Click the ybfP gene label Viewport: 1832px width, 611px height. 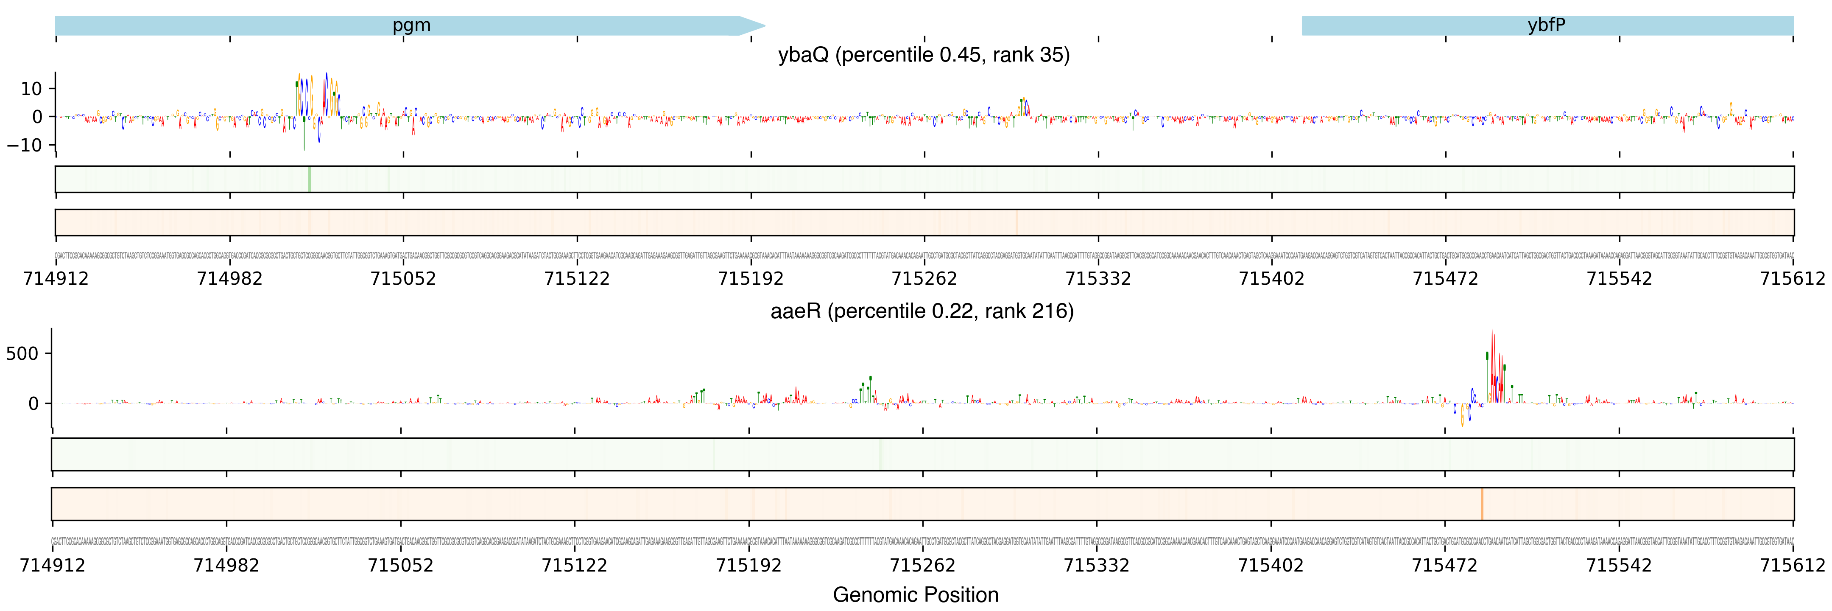(1546, 25)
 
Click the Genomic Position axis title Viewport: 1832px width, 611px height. (915, 594)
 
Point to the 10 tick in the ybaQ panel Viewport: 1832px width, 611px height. (31, 89)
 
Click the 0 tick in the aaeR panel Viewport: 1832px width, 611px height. (34, 404)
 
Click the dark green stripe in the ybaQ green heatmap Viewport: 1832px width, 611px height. (310, 179)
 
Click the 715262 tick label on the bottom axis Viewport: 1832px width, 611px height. (922, 566)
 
